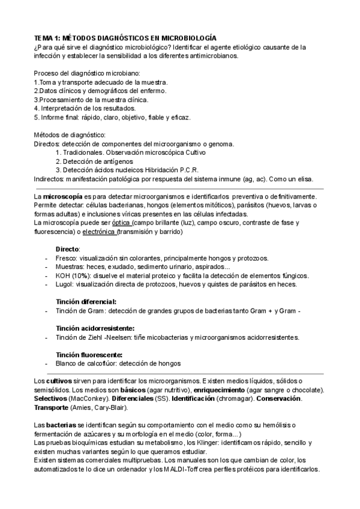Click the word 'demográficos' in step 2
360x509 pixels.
pos(121,91)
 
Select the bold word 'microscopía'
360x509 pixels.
pos(64,196)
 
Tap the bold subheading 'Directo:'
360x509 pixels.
pos(68,248)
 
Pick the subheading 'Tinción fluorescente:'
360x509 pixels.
pos(89,355)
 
